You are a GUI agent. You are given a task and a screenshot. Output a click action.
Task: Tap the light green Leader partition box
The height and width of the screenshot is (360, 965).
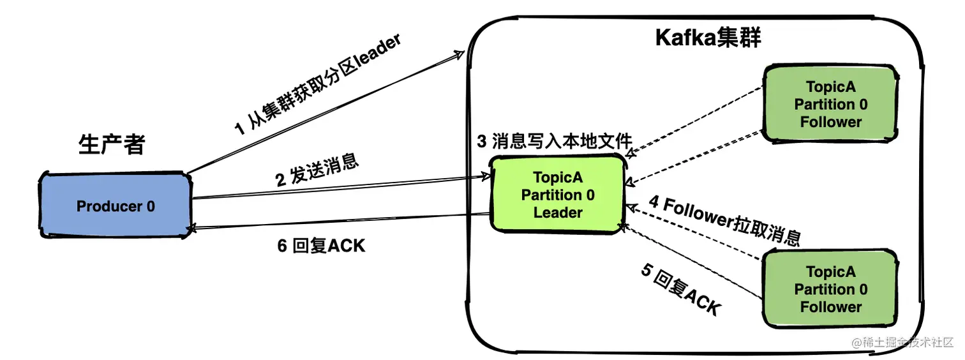(557, 194)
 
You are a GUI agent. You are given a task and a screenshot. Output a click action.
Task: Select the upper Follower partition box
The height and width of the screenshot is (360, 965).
(830, 104)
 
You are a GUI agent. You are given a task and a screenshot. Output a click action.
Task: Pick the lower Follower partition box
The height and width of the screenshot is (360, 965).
(830, 289)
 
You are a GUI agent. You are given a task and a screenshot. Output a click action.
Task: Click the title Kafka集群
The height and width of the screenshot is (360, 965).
(708, 38)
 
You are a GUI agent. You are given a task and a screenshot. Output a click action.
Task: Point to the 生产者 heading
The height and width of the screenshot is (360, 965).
(112, 145)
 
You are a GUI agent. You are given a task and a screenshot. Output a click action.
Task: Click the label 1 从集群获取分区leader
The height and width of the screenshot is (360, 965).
(317, 86)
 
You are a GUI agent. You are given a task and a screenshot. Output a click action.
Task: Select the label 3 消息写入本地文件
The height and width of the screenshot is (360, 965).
(555, 141)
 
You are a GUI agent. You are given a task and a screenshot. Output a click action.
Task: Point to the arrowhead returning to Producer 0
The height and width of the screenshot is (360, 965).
(189, 228)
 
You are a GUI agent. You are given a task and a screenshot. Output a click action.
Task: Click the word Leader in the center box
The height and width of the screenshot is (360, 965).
(558, 213)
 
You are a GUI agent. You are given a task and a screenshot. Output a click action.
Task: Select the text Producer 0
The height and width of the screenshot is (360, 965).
(116, 206)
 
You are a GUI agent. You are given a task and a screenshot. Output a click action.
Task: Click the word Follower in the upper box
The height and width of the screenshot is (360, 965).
(831, 121)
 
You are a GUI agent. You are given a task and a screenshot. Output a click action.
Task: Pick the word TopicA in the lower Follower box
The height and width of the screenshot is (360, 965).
(830, 272)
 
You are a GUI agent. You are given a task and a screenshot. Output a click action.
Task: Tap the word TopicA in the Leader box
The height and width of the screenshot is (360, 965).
(558, 177)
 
